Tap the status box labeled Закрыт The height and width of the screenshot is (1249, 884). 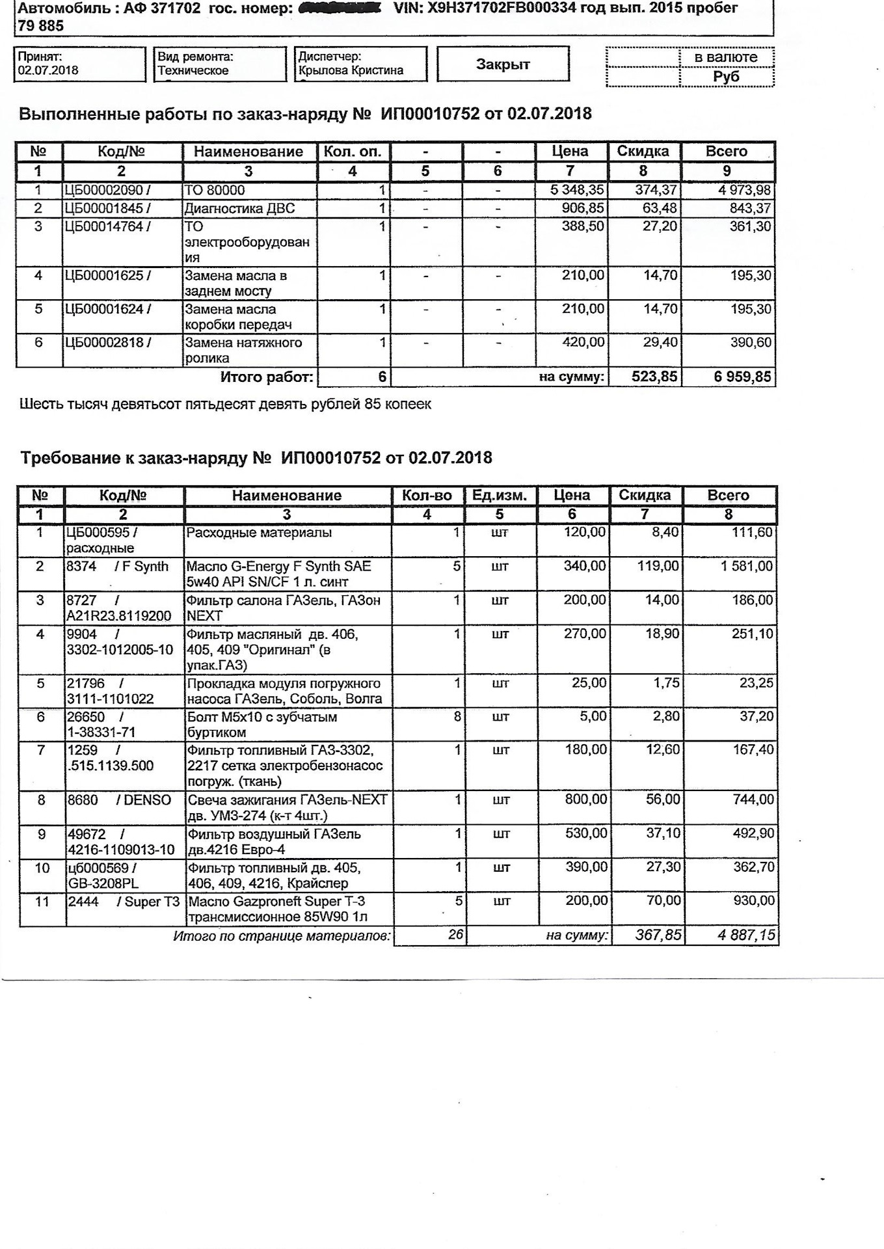[x=503, y=64]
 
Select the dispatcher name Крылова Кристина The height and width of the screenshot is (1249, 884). [x=351, y=70]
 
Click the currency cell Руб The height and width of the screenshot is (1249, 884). [x=726, y=77]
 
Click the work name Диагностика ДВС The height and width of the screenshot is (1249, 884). [x=240, y=209]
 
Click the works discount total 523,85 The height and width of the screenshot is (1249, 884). [x=654, y=377]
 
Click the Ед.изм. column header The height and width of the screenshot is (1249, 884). [x=499, y=496]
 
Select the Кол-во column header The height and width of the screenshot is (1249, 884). [x=427, y=496]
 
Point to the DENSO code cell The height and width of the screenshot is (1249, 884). [x=119, y=800]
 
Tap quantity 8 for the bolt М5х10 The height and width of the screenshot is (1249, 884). [x=457, y=717]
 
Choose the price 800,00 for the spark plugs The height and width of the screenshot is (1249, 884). [x=585, y=800]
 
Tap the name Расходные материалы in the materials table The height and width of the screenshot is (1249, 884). [x=259, y=533]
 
